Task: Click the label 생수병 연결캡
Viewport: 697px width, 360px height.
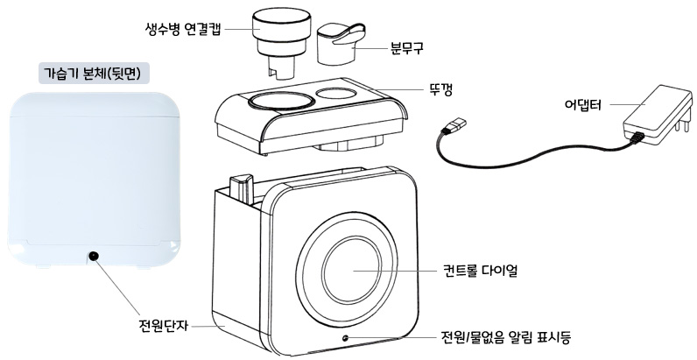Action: click(x=181, y=27)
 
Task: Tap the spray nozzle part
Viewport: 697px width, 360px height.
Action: click(x=341, y=44)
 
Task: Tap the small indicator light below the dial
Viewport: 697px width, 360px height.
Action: click(x=347, y=337)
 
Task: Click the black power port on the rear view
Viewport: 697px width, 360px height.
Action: click(x=92, y=256)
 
